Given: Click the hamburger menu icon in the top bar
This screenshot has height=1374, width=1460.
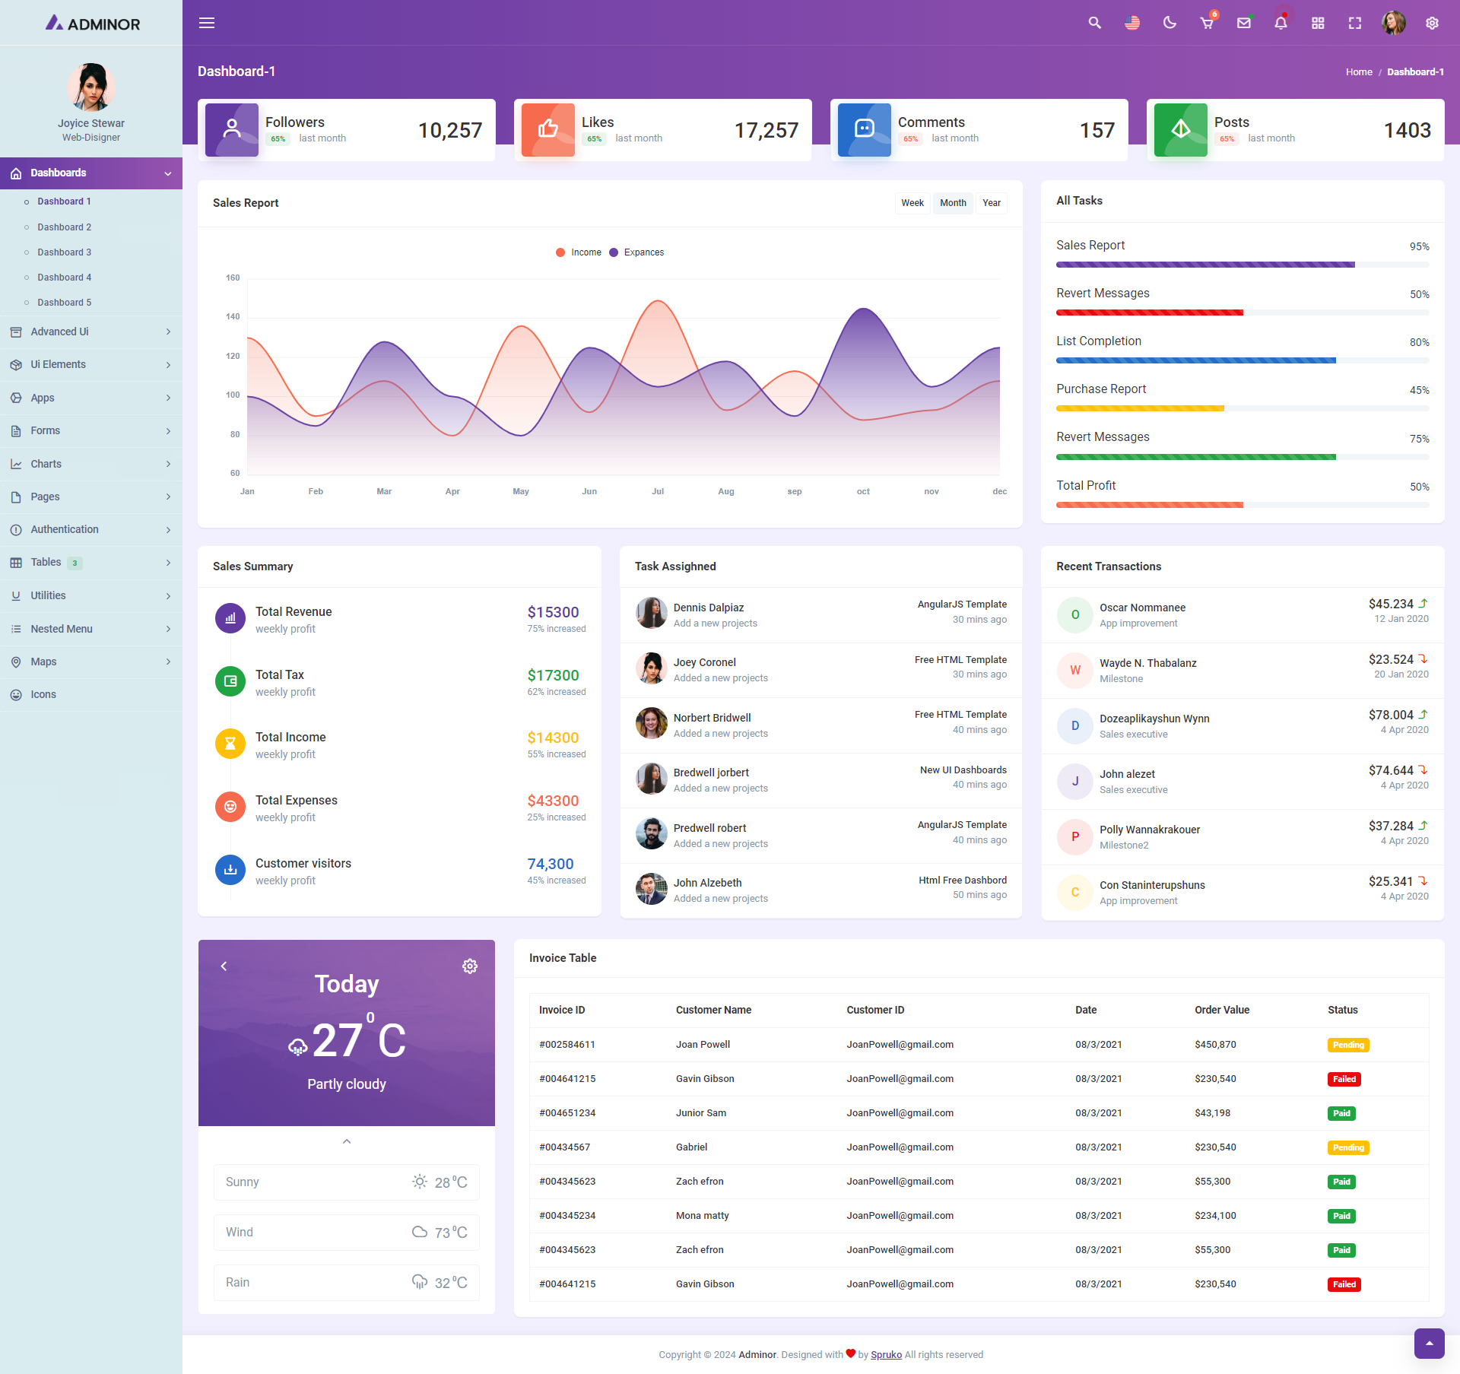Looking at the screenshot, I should [x=207, y=23].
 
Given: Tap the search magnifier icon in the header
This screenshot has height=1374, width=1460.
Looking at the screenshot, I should [x=1094, y=23].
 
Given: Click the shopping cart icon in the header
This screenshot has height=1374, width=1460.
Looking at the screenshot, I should [x=1207, y=23].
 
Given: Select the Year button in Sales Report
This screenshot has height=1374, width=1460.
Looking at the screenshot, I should [x=991, y=203].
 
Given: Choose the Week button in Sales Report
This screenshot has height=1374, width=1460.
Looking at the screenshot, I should [x=912, y=203].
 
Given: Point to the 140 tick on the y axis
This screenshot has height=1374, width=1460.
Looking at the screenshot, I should [x=233, y=316].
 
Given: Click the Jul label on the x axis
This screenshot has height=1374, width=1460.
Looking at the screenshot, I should [x=658, y=491].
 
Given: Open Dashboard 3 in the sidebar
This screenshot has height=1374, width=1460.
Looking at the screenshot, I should [x=64, y=252].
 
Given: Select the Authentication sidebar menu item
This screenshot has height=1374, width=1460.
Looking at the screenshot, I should [x=65, y=529].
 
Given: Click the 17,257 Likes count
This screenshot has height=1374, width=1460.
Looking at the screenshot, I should [x=766, y=131].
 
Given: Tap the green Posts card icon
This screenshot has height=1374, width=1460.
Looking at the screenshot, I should [x=1180, y=130].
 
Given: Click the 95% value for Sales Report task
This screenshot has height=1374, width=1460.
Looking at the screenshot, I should [x=1419, y=246].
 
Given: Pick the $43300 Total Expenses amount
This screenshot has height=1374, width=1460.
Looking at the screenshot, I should [x=553, y=801].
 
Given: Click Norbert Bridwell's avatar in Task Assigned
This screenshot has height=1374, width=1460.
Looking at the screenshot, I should [x=651, y=723].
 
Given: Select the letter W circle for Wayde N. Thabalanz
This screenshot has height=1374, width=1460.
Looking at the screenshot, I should [x=1075, y=670].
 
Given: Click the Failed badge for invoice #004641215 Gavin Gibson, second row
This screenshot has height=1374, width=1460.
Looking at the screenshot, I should [x=1344, y=1079].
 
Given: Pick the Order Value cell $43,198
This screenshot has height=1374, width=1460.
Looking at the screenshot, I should [x=1212, y=1113].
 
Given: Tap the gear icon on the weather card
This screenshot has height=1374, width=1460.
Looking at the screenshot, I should [x=470, y=966].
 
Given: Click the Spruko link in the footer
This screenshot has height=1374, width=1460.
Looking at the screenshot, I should [x=886, y=1354].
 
